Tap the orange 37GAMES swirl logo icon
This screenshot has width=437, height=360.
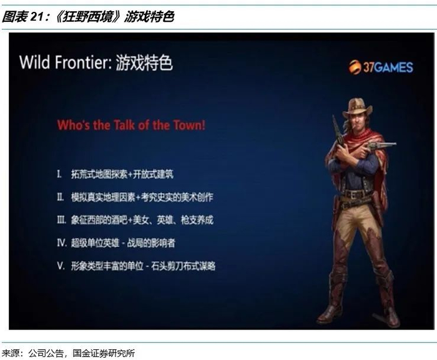[x=355, y=67]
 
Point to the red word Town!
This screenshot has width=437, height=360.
[x=189, y=125]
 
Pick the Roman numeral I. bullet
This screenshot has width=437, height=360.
[x=59, y=175]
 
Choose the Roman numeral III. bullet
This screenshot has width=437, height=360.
[x=62, y=220]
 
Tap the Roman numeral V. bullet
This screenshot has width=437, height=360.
[x=61, y=266]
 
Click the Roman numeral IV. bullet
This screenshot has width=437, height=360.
[x=62, y=243]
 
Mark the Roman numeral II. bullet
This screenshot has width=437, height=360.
[x=60, y=197]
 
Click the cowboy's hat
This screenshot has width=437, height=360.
[x=357, y=108]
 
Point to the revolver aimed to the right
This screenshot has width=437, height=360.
[x=380, y=146]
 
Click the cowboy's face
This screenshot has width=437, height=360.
[x=357, y=122]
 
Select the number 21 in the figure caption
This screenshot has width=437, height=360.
[x=37, y=17]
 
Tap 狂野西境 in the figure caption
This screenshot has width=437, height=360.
[x=88, y=17]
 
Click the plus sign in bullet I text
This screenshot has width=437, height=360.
[x=130, y=175]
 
